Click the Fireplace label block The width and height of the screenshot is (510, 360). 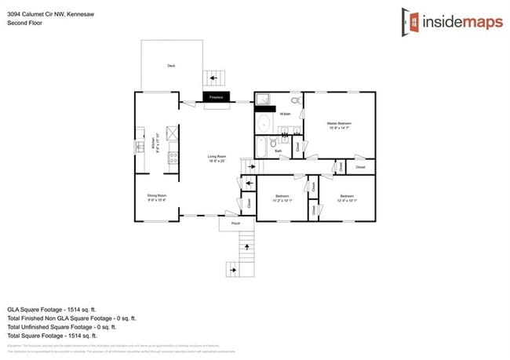216,97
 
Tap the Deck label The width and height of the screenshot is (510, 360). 171,66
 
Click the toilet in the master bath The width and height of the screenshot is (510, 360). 295,101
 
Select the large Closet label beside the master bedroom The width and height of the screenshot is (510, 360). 360,167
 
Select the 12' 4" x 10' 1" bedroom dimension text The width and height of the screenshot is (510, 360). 347,200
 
